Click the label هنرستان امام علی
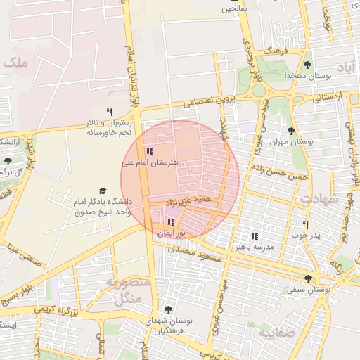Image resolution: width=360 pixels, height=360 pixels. tap(150, 162)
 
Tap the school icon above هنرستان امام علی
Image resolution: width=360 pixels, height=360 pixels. tap(149, 150)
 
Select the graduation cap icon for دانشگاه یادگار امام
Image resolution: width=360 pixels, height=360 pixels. tap(103, 191)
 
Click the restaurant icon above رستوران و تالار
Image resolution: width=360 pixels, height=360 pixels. tap(109, 112)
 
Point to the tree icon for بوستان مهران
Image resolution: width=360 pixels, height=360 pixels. tap(291, 130)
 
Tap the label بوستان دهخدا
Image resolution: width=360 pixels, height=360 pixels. tap(302, 75)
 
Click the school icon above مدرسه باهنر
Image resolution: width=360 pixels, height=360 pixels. tap(255, 236)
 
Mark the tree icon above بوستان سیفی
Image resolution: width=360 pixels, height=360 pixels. tap(309, 278)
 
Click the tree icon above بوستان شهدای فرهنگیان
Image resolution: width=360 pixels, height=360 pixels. tap(167, 309)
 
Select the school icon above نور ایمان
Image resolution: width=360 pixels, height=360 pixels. tap(171, 222)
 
